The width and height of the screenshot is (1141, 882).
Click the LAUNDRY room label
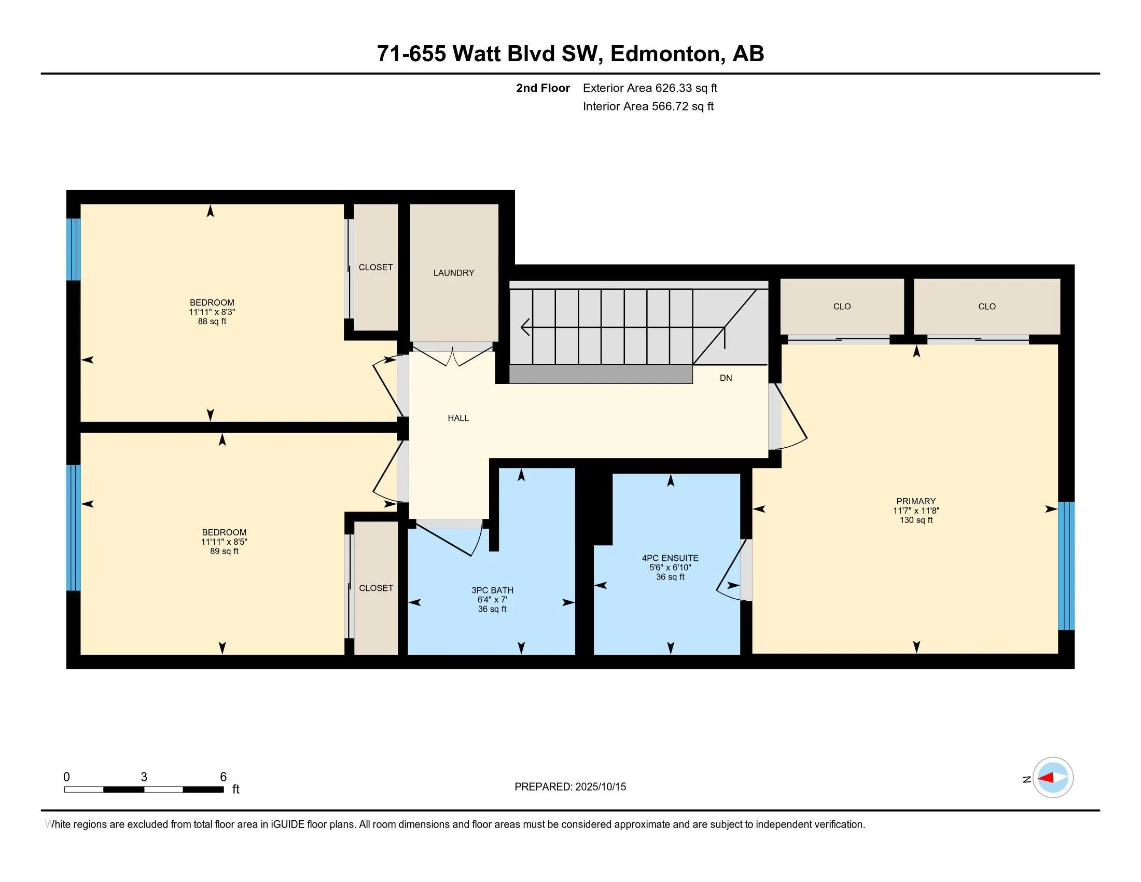453,273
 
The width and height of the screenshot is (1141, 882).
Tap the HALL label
458,418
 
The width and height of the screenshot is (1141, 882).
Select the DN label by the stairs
726,378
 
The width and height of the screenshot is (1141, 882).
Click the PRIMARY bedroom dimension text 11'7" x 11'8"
916,511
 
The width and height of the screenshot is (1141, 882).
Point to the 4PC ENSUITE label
670,558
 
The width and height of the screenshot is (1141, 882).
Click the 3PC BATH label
492,590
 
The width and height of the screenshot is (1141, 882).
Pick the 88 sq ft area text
212,321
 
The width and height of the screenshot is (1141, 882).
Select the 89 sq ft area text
224,550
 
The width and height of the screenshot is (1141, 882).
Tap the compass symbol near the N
1053,778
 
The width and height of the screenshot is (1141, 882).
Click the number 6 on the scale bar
223,777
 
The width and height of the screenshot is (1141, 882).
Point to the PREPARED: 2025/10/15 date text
570,787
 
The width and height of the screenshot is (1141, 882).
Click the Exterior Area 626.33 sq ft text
650,88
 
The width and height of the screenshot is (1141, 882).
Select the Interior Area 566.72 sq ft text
648,106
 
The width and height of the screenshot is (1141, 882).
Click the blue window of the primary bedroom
1066,566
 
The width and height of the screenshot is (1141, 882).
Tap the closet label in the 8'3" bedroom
375,267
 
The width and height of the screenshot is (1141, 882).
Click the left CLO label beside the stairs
842,306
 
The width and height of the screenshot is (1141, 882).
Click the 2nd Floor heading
543,88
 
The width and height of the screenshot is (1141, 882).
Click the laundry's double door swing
453,358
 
